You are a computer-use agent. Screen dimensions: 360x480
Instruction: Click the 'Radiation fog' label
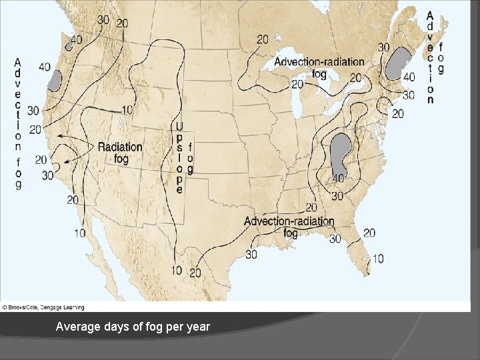(x=120, y=153)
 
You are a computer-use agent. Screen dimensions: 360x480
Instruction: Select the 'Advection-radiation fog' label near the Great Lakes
(x=319, y=67)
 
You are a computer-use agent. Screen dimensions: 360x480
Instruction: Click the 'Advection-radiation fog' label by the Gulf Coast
(x=289, y=227)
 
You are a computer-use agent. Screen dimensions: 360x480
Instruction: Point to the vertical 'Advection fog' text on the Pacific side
(x=18, y=123)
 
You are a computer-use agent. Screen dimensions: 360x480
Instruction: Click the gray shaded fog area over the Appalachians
(x=341, y=153)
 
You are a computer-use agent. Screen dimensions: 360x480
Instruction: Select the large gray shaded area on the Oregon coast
(x=55, y=80)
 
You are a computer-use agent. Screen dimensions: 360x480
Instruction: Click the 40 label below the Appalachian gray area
(x=339, y=179)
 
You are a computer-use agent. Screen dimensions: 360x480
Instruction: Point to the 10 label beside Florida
(x=377, y=259)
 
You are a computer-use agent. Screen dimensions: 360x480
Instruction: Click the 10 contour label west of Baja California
(x=79, y=233)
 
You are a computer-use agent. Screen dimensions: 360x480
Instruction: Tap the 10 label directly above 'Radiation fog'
(x=127, y=109)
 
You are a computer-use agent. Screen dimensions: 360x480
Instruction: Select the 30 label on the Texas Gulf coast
(x=251, y=254)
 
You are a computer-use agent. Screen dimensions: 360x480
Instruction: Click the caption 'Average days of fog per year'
(x=133, y=327)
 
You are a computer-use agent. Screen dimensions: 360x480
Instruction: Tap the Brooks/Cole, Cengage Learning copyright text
(x=43, y=307)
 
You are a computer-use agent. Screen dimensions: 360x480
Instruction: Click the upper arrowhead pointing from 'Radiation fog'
(x=59, y=135)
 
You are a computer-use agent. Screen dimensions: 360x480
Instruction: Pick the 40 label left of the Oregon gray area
(x=44, y=67)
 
